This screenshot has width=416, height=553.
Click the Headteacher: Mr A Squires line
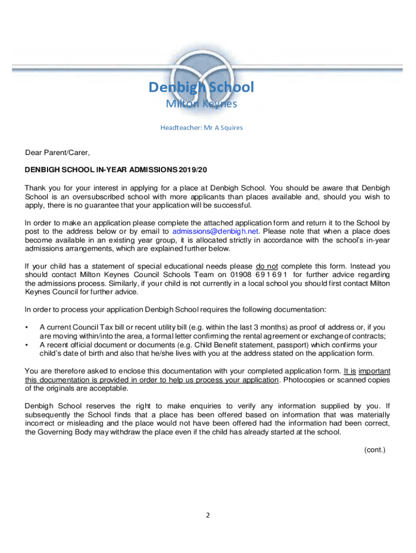pyautogui.click(x=202, y=127)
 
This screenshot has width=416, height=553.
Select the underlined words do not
pyautogui.click(x=266, y=266)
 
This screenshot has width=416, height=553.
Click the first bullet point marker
pyautogui.click(x=27, y=327)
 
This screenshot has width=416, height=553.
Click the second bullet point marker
pyautogui.click(x=27, y=345)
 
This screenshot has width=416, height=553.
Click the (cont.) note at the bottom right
pyautogui.click(x=374, y=449)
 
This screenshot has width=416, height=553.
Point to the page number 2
pyautogui.click(x=207, y=515)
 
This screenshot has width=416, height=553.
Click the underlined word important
pyautogui.click(x=374, y=371)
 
